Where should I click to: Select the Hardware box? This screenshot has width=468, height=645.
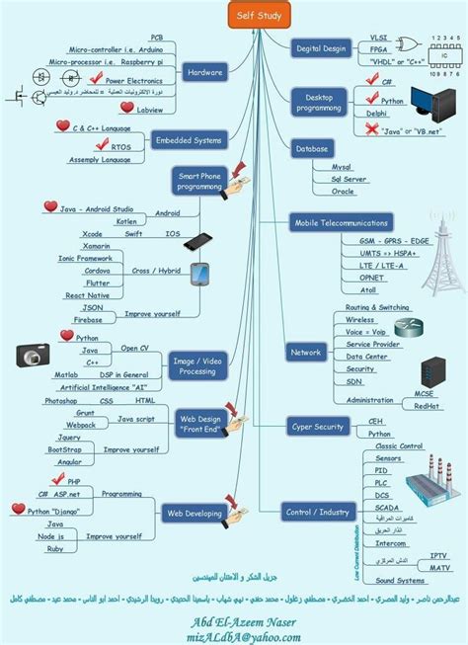point(205,72)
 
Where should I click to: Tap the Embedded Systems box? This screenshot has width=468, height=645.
point(188,141)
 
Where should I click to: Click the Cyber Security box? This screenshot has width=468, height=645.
point(318,427)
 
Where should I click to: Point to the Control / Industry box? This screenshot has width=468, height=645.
point(318,512)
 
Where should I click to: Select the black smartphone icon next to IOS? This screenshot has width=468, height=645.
point(196,242)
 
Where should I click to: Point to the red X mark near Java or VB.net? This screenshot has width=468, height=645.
point(372,129)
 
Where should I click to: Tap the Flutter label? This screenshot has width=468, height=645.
point(98,282)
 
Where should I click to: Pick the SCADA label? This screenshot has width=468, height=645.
point(388,507)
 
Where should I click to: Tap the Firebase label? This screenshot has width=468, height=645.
point(88,319)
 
